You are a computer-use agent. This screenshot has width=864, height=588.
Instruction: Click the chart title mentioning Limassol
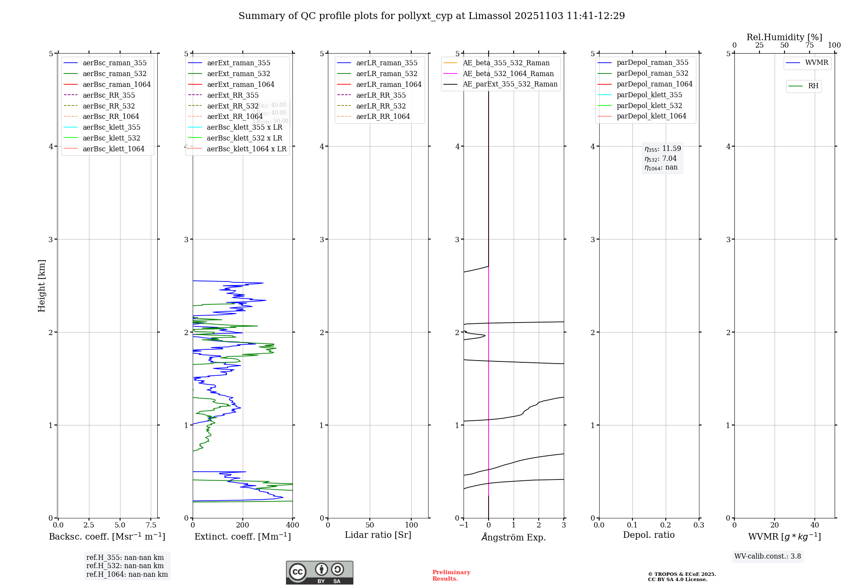click(x=432, y=16)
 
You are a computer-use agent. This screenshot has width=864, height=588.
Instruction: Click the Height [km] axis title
click(x=41, y=285)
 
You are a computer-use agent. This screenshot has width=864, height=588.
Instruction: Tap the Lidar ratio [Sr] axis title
click(x=378, y=535)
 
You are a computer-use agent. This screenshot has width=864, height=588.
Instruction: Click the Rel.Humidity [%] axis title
click(x=784, y=37)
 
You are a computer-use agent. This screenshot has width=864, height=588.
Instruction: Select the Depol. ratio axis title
click(x=648, y=535)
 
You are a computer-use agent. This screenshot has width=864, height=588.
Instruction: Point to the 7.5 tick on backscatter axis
click(x=151, y=525)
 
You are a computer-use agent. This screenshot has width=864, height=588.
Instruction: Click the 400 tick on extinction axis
click(x=292, y=525)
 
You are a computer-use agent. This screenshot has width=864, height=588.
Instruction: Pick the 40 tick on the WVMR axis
click(x=815, y=525)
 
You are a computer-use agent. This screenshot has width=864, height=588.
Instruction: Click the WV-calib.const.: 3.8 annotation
click(x=767, y=556)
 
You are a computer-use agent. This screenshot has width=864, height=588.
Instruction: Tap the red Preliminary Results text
click(x=451, y=575)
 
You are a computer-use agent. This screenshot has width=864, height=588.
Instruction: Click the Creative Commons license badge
click(x=319, y=573)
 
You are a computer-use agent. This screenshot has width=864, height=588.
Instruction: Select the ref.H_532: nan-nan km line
click(x=125, y=566)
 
